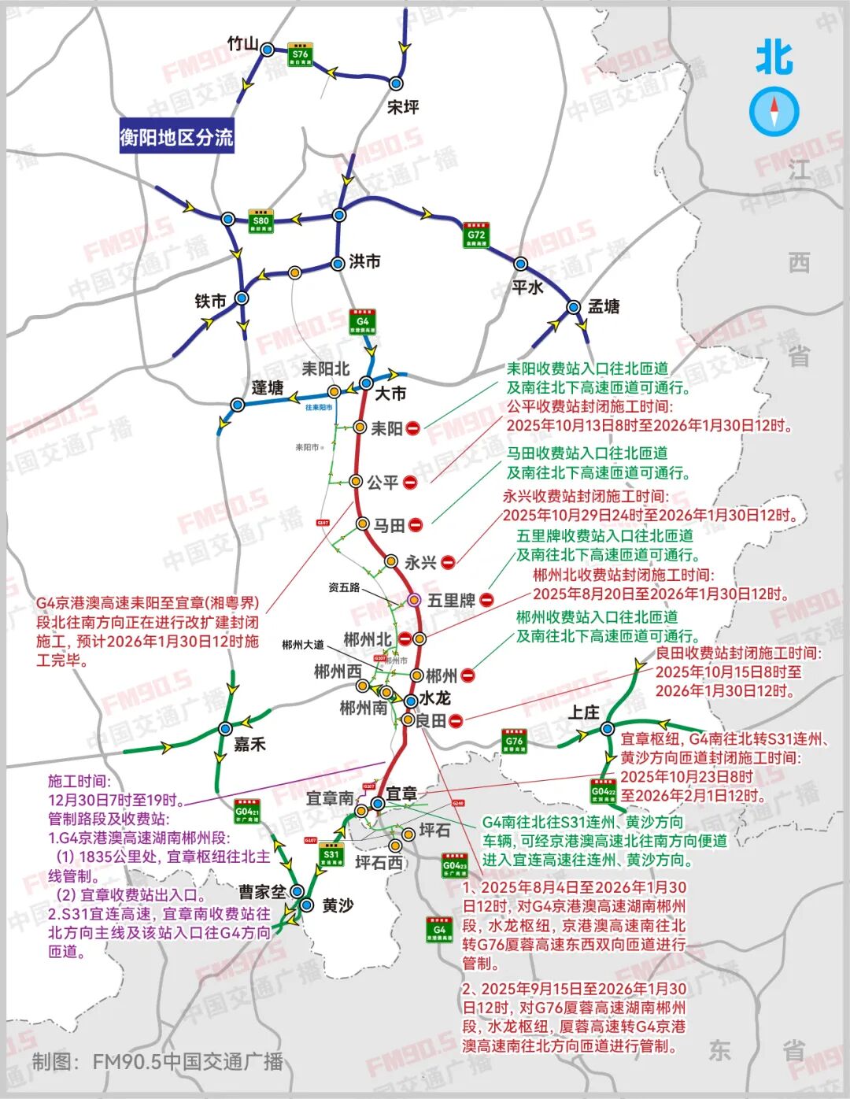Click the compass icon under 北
tap(774, 111)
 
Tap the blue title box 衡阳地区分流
tap(176, 137)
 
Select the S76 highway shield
tap(299, 55)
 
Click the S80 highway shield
tap(261, 221)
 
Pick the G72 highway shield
tap(475, 235)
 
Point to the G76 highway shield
tap(514, 742)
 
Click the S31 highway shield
tap(331, 855)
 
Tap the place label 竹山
tap(242, 44)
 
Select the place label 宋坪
tap(403, 106)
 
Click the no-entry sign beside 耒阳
tap(413, 427)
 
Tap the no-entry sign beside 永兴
tap(448, 562)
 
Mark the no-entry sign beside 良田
tap(456, 720)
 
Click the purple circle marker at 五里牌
tap(414, 600)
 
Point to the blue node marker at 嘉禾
tap(226, 728)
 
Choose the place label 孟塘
tap(604, 306)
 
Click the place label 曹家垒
tap(262, 891)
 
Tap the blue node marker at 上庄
tap(607, 729)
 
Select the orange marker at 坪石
tap(408, 834)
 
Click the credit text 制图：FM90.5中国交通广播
tap(157, 1061)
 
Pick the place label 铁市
tap(210, 301)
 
